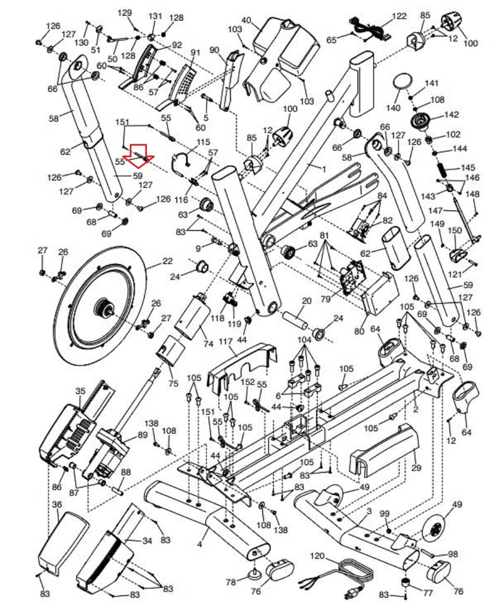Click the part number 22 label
167,261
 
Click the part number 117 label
226,342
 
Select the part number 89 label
142,435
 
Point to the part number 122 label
399,16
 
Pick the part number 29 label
416,468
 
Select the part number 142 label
451,114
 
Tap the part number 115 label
203,142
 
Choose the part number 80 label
359,331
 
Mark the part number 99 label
384,514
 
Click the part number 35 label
81,391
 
